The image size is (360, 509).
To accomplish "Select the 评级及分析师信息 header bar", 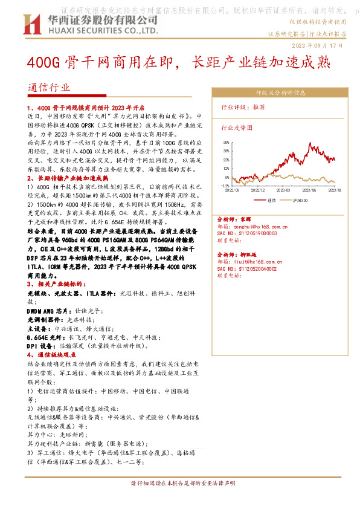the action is pyautogui.click(x=280, y=92).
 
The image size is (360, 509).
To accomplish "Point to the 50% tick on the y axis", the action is pyautogui.click(x=225, y=143).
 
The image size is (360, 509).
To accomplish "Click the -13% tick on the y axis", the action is pyautogui.click(x=224, y=186).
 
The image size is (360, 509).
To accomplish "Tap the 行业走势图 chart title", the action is pyautogui.click(x=237, y=128).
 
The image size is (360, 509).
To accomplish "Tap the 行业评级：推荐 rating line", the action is pyautogui.click(x=243, y=106).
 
